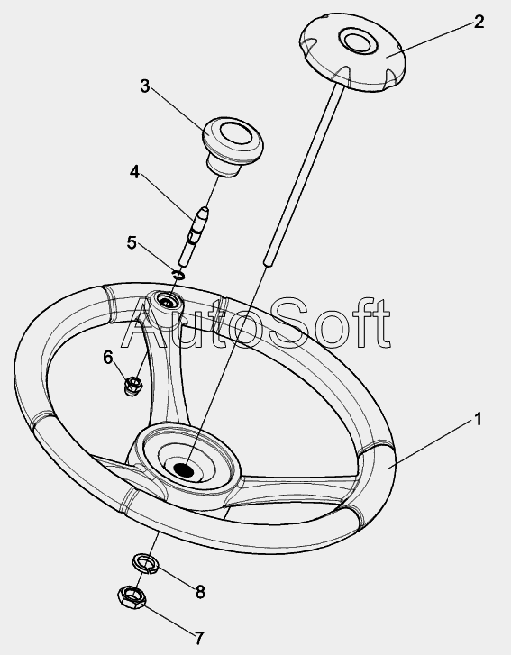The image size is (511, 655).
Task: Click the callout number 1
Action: click(478, 419)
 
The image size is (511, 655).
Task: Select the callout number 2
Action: click(479, 22)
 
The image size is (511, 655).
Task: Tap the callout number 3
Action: click(144, 86)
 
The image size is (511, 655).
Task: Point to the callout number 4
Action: click(134, 172)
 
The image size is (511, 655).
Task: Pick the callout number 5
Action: click(132, 242)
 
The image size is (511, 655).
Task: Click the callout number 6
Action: click(108, 357)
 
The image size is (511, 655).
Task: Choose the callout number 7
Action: click(200, 638)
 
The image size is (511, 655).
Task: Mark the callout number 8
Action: click(201, 592)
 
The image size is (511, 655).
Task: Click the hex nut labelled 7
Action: click(132, 597)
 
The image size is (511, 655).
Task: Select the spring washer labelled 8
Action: click(145, 563)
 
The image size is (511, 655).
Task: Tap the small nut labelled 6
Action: click(133, 386)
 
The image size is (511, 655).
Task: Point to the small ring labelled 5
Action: click(178, 276)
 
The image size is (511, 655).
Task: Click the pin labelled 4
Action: click(193, 236)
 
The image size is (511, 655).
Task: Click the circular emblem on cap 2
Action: click(358, 41)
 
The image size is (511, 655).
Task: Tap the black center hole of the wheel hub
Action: click(184, 469)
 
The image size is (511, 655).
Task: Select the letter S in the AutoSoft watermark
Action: click(290, 322)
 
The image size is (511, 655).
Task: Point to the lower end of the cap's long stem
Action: click(269, 261)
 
